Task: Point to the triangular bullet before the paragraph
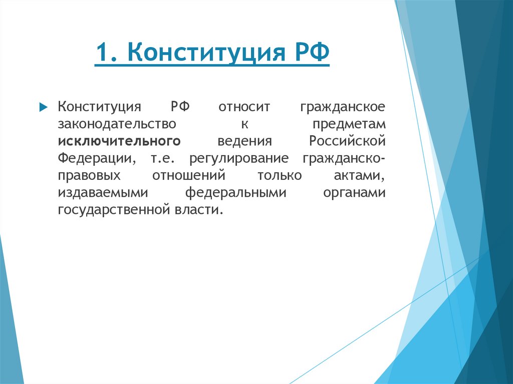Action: pyautogui.click(x=43, y=107)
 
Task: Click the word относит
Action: pyautogui.click(x=244, y=107)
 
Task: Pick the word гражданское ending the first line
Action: pyautogui.click(x=343, y=107)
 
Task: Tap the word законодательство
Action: pyautogui.click(x=117, y=124)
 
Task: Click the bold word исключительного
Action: pyautogui.click(x=119, y=141)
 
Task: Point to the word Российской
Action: pyautogui.click(x=347, y=141)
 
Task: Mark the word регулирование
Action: pyautogui.click(x=239, y=158)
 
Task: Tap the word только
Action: pyautogui.click(x=280, y=175)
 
